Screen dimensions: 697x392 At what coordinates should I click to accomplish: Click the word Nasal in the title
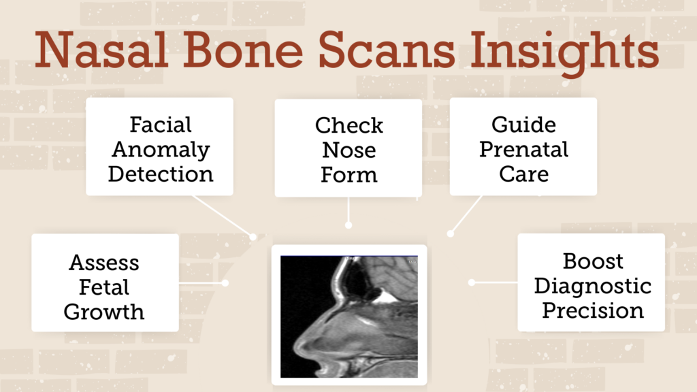tap(101, 49)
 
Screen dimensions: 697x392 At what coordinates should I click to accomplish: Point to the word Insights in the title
tap(564, 53)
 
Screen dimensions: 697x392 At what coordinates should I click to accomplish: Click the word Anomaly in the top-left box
tap(161, 149)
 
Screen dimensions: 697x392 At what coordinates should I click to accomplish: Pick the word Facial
tap(161, 125)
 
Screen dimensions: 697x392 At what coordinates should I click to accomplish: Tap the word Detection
tap(161, 174)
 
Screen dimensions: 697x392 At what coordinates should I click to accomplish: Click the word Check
tap(349, 125)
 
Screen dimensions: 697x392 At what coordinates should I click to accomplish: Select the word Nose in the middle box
tap(349, 150)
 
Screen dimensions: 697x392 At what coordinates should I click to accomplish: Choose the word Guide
tap(523, 125)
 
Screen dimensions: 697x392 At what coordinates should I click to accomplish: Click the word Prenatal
tap(523, 149)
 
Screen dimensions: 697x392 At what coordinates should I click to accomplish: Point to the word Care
tap(523, 174)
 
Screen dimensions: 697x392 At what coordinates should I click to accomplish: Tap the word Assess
tap(104, 263)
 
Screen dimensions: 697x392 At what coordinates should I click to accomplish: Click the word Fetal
tap(104, 287)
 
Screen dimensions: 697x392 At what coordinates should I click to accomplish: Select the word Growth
tap(104, 312)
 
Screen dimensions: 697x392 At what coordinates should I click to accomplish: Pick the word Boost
tap(593, 261)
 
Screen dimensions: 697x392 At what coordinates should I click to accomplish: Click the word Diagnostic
tap(593, 286)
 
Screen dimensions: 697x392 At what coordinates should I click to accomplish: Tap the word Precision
tap(593, 310)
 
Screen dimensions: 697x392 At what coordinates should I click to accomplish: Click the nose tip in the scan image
tap(297, 346)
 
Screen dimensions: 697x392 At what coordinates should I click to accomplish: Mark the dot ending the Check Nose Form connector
tap(348, 225)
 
